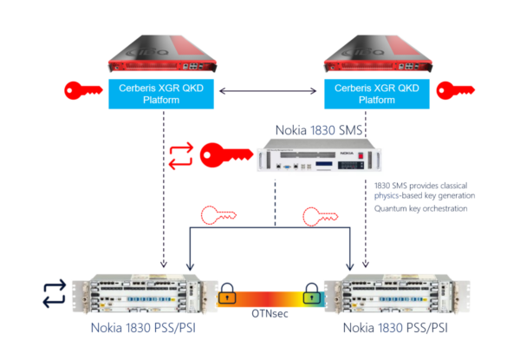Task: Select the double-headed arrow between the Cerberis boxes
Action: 269,90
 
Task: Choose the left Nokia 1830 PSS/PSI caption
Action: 149,328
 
